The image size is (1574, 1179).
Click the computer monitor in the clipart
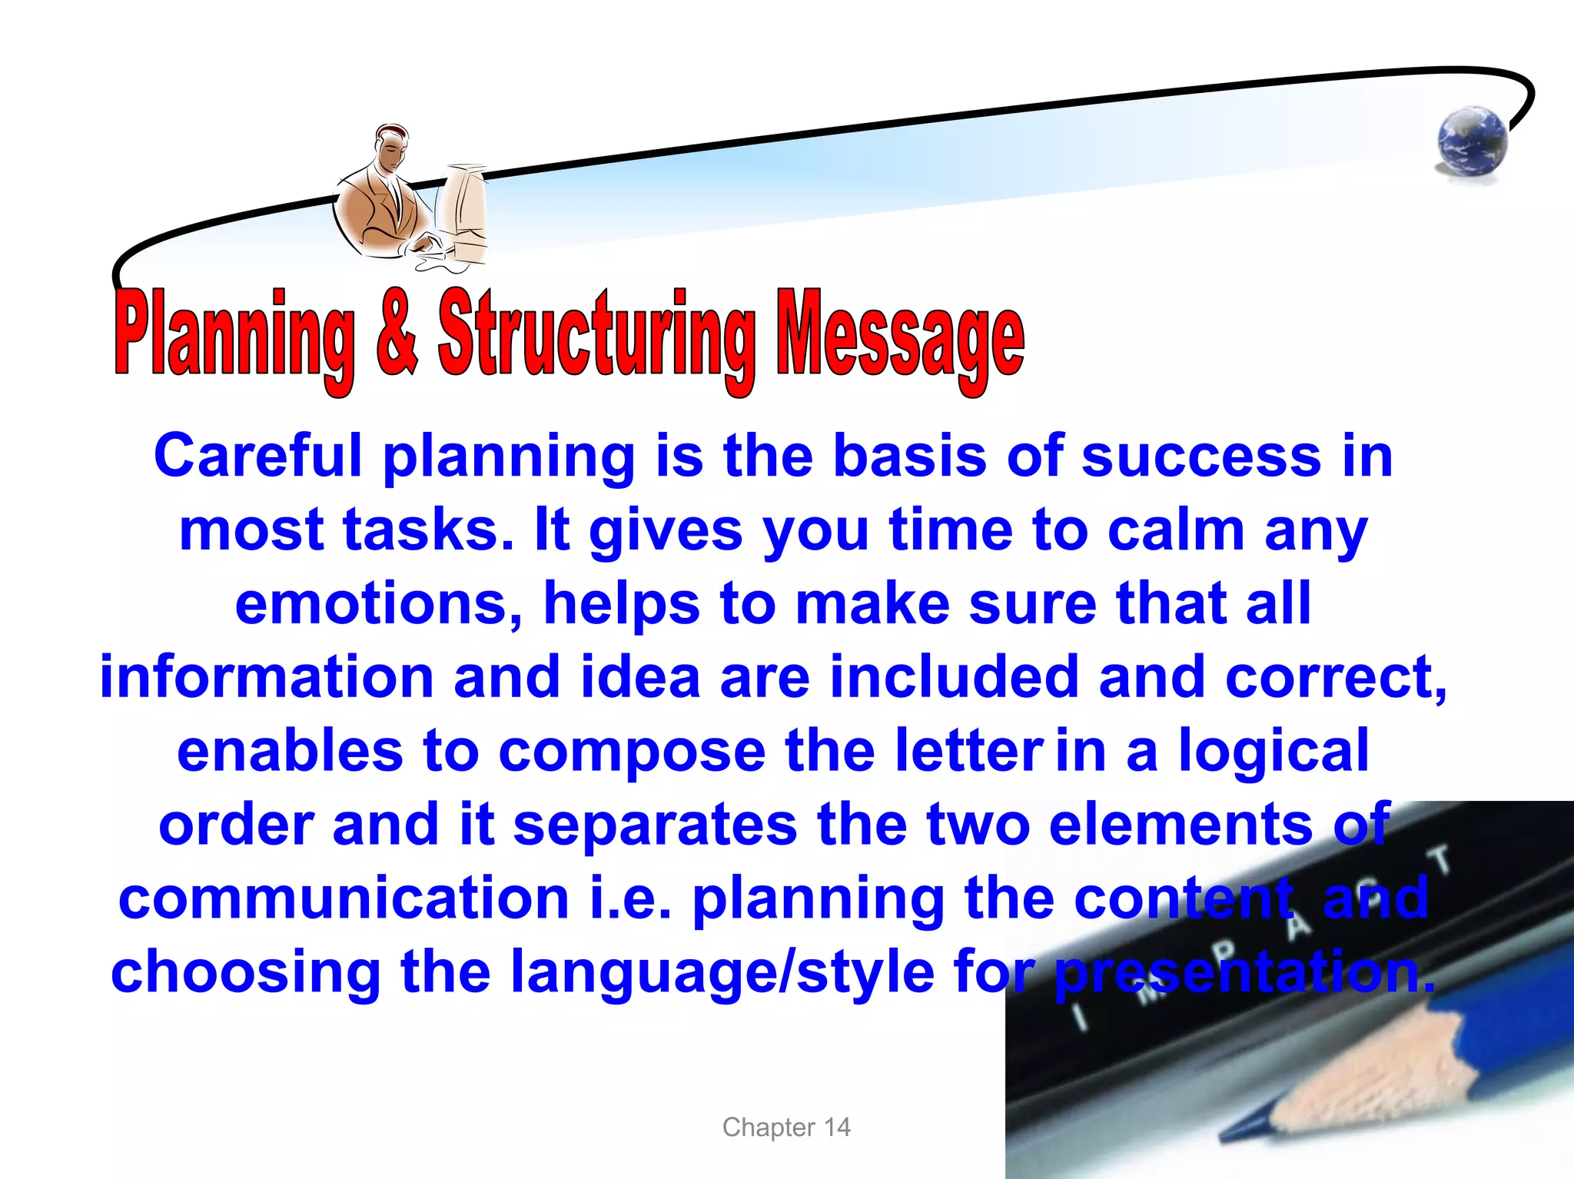pyautogui.click(x=463, y=208)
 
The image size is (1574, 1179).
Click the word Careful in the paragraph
pyautogui.click(x=257, y=456)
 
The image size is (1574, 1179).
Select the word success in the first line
pyautogui.click(x=1201, y=456)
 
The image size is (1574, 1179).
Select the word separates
pyautogui.click(x=655, y=825)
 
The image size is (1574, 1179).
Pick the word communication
pyautogui.click(x=344, y=898)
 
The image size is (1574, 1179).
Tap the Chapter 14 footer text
pyautogui.click(x=786, y=1127)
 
